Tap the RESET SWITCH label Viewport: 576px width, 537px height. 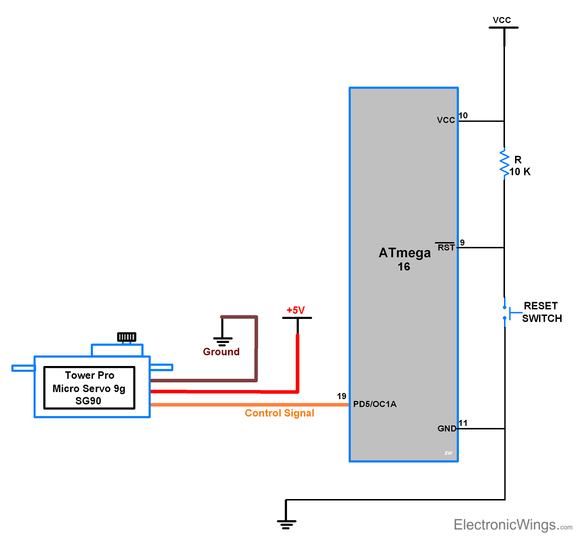[x=541, y=312]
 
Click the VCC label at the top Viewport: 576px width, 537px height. [x=502, y=20]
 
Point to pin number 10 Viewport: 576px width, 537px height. [x=463, y=115]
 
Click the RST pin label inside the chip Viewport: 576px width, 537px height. [x=446, y=247]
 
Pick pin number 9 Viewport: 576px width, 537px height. [x=462, y=243]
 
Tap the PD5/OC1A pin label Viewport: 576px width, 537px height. [x=375, y=404]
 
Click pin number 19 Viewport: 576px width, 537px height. [x=341, y=396]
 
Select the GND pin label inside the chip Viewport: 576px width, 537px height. [x=447, y=428]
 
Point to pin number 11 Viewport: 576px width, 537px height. [x=463, y=423]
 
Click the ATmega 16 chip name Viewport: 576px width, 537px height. [x=404, y=259]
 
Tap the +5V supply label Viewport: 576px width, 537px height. [x=296, y=310]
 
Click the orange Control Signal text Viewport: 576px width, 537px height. [x=279, y=413]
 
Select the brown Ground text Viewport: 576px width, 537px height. [x=221, y=352]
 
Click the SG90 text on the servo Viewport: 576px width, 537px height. [x=88, y=401]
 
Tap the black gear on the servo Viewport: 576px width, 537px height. [x=127, y=337]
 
